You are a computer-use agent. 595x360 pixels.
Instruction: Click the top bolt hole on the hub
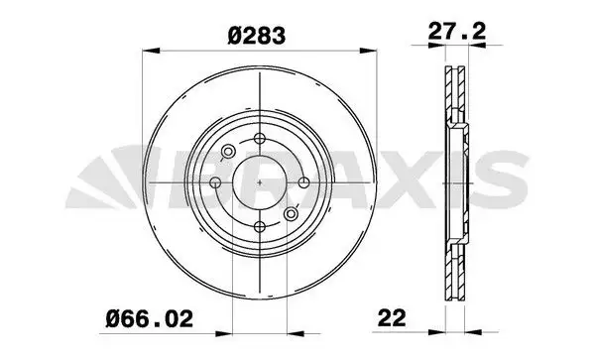pyautogui.click(x=260, y=139)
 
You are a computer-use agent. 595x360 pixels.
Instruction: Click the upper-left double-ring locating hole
pyautogui.click(x=228, y=152)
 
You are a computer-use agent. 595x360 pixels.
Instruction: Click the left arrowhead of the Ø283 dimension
pyautogui.click(x=149, y=52)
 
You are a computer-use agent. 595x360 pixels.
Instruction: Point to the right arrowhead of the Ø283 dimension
pyautogui.click(x=371, y=52)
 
